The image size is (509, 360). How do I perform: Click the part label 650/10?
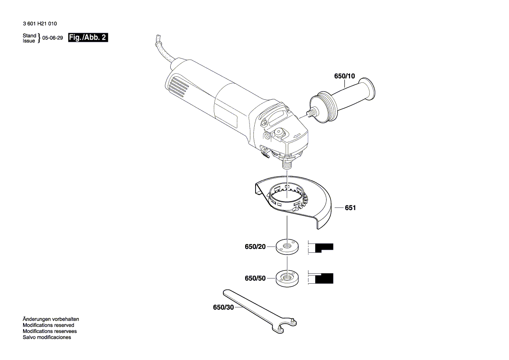coord(344,76)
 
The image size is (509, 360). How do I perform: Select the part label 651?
coord(350,208)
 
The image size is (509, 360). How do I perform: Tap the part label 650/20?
coord(255,247)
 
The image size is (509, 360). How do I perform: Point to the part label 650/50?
coord(255,278)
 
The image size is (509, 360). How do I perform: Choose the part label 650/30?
coord(223,307)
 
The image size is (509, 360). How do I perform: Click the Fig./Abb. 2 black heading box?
coord(88,37)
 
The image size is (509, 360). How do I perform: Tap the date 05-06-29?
coord(53,38)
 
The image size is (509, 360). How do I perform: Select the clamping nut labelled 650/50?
coord(287,278)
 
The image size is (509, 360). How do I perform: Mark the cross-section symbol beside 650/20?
coord(321,248)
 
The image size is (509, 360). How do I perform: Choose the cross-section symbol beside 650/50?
coord(321,278)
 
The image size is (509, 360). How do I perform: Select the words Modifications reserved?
coord(48,325)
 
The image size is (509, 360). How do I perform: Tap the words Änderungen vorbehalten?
coord(51,319)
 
